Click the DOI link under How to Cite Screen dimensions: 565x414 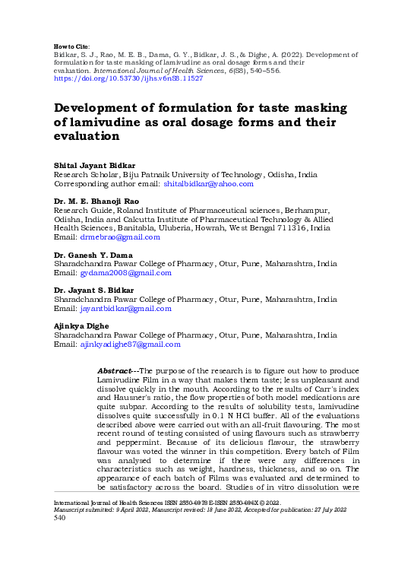(128, 78)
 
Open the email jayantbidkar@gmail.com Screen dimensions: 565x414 (125, 309)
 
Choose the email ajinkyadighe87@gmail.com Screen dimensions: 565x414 (130, 344)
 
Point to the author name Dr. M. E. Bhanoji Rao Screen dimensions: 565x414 (96, 201)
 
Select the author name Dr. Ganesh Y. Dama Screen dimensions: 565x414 (93, 254)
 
